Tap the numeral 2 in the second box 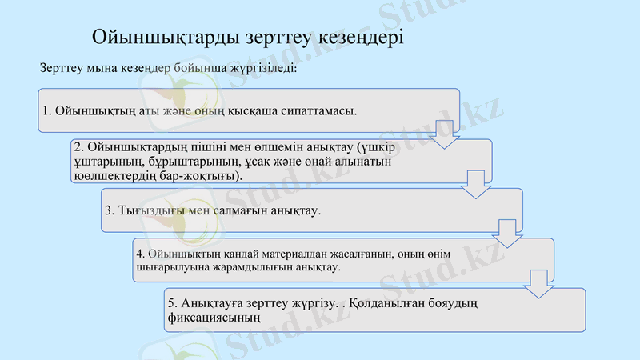(x=77, y=148)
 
